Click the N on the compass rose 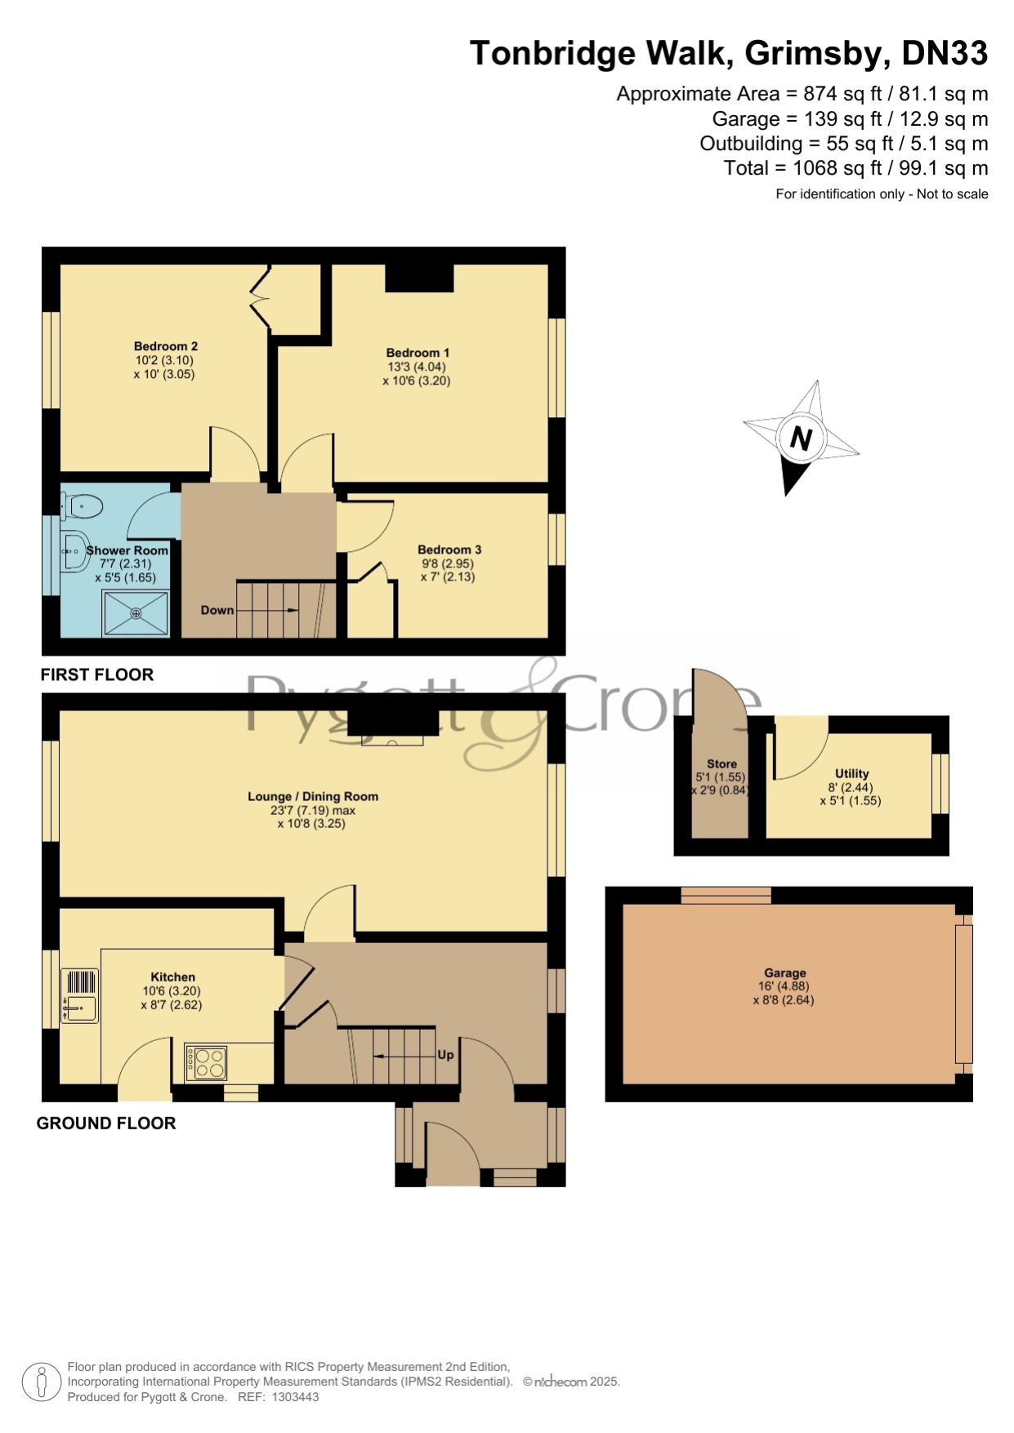[x=801, y=439]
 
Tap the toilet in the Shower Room [x=82, y=507]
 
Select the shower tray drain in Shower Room [x=136, y=613]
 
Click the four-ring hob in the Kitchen [x=206, y=1062]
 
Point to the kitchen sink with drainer [x=79, y=996]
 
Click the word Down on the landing [x=217, y=610]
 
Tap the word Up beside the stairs [x=445, y=1054]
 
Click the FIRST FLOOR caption [x=97, y=674]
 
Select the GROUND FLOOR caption [x=106, y=1123]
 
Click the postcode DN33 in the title [x=945, y=53]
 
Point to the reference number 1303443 [x=294, y=1397]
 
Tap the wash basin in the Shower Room [x=74, y=552]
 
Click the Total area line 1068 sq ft [x=855, y=168]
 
